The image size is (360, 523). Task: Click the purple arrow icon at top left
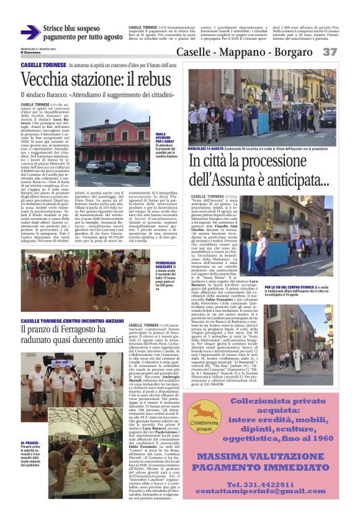[30, 32]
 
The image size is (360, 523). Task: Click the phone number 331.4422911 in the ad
[276, 501]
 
